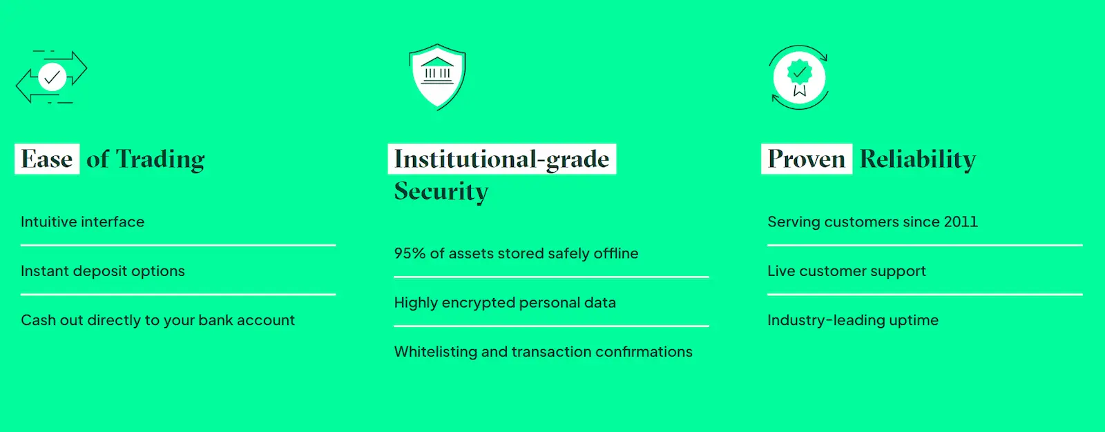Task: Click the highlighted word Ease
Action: point(47,159)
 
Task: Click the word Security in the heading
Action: point(441,191)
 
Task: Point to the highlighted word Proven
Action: point(807,159)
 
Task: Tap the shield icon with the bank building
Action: point(437,77)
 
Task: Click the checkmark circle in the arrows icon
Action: point(52,77)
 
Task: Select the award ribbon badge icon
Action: point(799,77)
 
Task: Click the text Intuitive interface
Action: point(82,222)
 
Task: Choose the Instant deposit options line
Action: point(103,271)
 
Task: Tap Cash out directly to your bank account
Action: point(158,320)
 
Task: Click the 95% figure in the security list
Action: point(410,253)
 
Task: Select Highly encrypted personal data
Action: point(505,302)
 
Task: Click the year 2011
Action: point(961,222)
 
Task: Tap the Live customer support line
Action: point(847,271)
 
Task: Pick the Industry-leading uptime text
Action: point(853,320)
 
